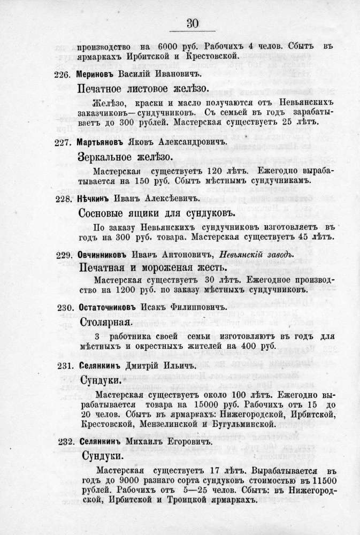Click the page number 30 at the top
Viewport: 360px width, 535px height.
(193, 24)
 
